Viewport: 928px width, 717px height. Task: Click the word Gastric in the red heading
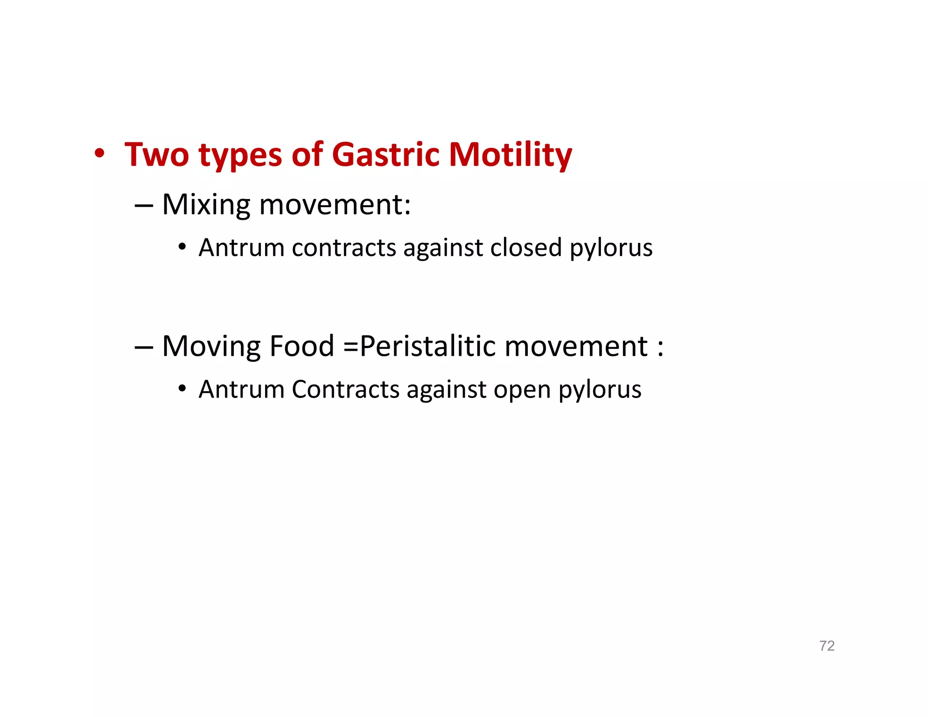click(386, 155)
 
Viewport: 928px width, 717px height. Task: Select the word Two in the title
click(156, 155)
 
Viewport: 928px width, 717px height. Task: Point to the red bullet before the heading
click(100, 153)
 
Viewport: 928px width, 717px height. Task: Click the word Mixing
click(206, 205)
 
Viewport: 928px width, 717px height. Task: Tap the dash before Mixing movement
click(143, 205)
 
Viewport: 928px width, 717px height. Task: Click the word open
click(522, 390)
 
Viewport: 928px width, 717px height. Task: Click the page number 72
click(826, 645)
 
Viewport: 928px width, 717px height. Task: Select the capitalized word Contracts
click(345, 389)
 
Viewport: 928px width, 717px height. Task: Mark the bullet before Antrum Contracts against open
click(182, 388)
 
